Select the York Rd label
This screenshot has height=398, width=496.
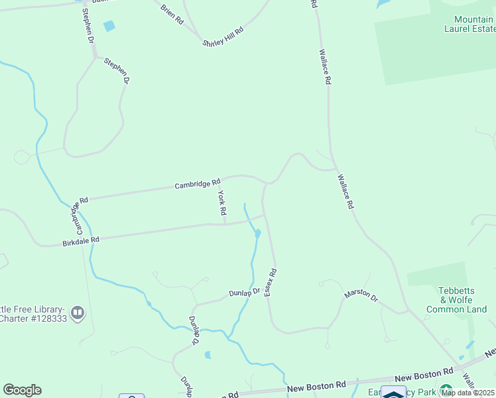point(223,203)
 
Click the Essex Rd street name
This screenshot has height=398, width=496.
point(271,283)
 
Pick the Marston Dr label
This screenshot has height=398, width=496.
point(361,297)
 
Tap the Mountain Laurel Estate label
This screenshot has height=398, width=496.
point(473,25)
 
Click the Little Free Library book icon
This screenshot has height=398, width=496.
point(78,312)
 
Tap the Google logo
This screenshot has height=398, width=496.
point(22,390)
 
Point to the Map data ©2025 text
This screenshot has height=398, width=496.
point(467,393)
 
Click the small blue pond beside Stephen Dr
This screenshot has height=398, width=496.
point(109,26)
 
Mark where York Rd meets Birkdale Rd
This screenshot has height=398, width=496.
point(224,224)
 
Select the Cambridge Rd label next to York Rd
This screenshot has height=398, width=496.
point(198,184)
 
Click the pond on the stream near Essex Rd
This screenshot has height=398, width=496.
point(257,233)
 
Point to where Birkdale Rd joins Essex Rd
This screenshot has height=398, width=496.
point(265,214)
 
